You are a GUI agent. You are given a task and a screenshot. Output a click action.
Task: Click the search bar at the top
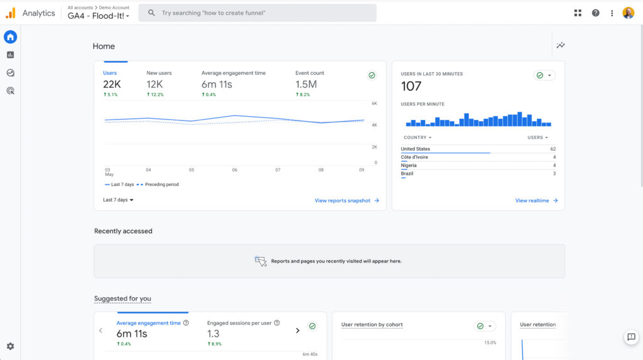257,13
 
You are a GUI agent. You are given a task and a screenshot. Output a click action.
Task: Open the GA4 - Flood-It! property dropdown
99,16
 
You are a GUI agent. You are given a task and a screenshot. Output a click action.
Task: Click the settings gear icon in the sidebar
10,346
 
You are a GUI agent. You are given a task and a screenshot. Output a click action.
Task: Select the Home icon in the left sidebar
10,37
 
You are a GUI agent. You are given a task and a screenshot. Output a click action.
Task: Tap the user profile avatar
628,13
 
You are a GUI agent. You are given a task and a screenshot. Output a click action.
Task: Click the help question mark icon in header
595,13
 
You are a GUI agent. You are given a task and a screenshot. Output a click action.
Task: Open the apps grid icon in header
578,13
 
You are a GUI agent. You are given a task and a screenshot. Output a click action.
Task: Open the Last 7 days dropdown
118,200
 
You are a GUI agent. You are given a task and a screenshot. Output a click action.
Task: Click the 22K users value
112,84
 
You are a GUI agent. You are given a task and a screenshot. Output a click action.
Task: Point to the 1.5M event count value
306,84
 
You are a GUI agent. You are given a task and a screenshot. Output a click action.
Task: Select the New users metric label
159,73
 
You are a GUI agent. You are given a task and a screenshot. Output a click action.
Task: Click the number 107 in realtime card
411,87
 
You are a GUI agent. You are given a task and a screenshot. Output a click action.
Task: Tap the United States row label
416,149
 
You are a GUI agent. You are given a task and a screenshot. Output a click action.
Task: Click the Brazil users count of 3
554,173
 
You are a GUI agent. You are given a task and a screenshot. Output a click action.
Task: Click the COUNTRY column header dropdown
418,138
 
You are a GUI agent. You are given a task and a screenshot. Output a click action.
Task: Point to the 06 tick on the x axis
235,170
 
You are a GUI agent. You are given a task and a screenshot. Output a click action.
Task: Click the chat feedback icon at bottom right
631,337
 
